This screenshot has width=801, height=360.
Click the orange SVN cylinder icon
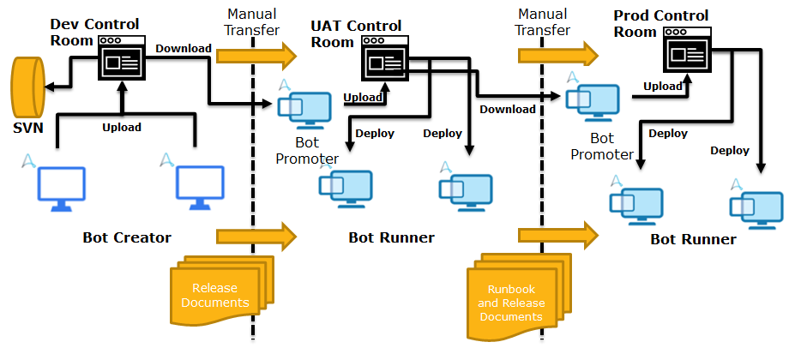point(27,87)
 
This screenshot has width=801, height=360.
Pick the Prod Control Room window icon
point(690,53)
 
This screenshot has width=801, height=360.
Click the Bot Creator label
point(127,237)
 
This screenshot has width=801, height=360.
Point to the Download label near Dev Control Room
point(183,48)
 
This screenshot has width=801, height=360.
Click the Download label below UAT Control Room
point(507,109)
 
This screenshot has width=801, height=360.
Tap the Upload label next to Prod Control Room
point(663,86)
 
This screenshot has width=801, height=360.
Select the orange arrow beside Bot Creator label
point(255,235)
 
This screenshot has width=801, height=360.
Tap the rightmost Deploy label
point(730,150)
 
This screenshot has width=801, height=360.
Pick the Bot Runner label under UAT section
point(391,237)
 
